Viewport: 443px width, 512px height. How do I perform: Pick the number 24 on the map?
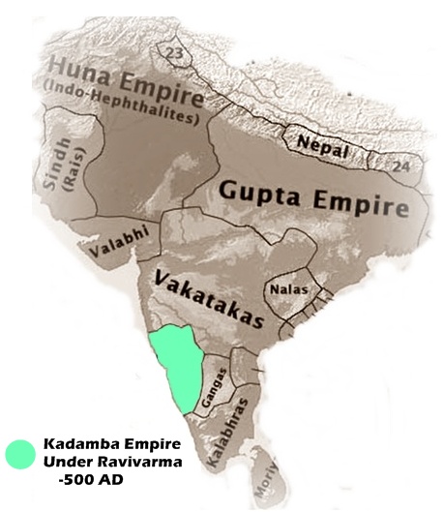click(400, 166)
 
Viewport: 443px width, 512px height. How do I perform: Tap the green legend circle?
click(19, 453)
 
